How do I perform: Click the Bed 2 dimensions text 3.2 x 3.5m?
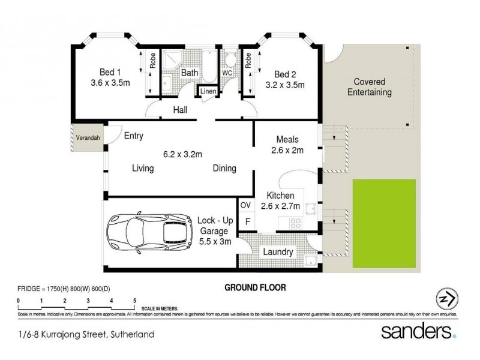[x=285, y=85]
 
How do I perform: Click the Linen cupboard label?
[x=208, y=92]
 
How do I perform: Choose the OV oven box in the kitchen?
[x=245, y=205]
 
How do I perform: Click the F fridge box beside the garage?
[x=246, y=221]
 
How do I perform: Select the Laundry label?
[x=278, y=253]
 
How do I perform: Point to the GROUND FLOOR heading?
[x=255, y=287]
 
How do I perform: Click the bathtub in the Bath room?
[x=210, y=70]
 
